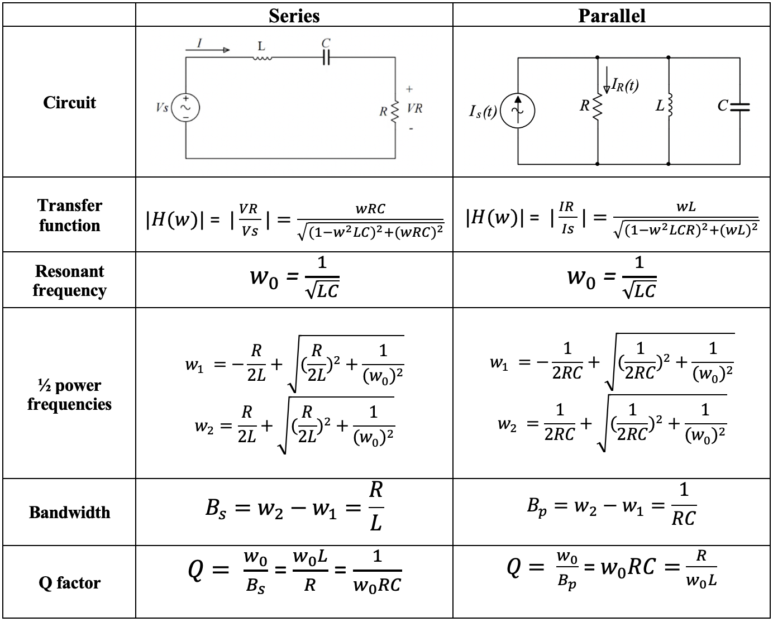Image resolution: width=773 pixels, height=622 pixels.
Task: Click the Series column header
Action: pos(294,16)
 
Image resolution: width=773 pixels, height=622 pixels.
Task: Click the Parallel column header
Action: pos(612,16)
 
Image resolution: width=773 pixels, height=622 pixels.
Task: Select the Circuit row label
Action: pos(69,103)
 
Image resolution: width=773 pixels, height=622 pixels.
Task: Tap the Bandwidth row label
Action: pos(69,512)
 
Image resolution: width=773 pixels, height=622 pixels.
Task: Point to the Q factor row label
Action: pos(69,582)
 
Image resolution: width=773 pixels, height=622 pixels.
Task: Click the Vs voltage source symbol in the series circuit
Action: pos(185,107)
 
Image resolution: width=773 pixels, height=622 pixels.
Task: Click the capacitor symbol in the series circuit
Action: pos(326,57)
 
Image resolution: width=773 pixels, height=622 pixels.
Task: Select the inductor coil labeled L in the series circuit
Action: pos(262,58)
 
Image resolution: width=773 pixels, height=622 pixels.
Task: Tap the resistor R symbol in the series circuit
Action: pos(395,112)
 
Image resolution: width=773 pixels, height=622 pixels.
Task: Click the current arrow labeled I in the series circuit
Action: pos(208,50)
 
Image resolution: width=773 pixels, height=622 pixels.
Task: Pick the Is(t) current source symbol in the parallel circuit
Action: pos(517,111)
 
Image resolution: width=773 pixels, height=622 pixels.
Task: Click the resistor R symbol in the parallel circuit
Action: pos(598,107)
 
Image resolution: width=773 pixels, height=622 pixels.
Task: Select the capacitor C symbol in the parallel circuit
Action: pos(740,107)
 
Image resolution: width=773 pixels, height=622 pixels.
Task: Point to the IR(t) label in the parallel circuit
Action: pos(625,85)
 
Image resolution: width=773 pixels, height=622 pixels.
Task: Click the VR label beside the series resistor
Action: pos(414,108)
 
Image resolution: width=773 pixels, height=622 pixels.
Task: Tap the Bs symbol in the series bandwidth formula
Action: pos(216,509)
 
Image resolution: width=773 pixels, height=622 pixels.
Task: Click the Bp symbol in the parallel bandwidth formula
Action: pos(537,507)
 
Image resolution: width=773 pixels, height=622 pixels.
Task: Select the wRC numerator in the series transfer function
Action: pos(370,209)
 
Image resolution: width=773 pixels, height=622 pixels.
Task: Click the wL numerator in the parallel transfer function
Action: pos(686,207)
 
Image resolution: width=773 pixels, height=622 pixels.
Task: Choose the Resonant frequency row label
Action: pos(69,280)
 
